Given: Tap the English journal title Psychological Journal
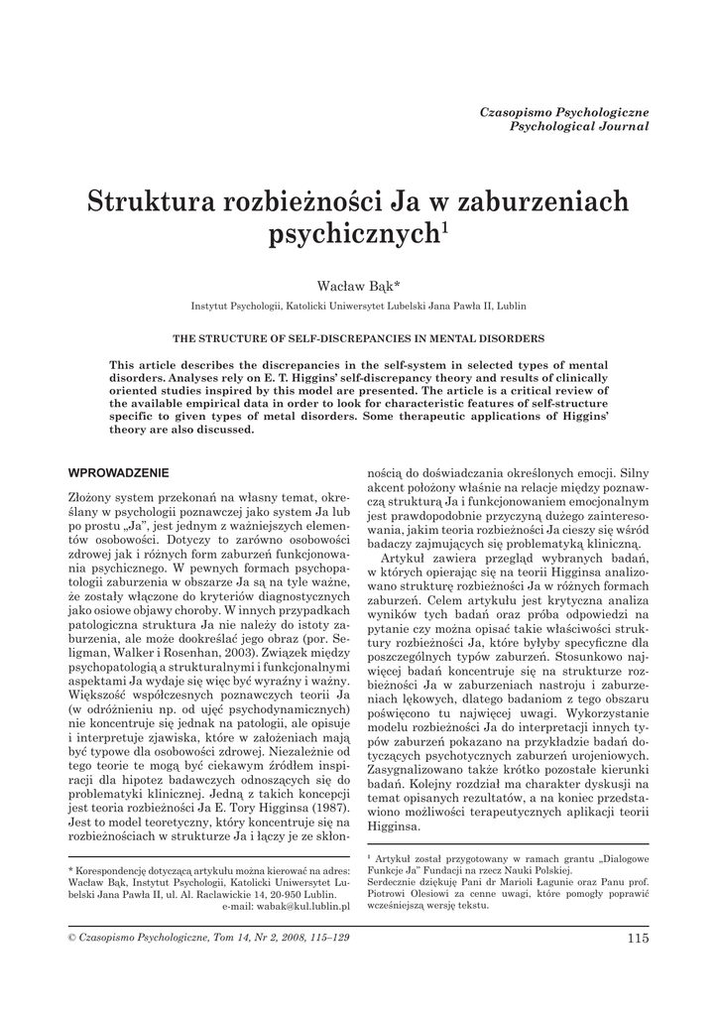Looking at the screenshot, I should pyautogui.click(x=579, y=127).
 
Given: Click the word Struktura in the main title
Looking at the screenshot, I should pyautogui.click(x=145, y=202).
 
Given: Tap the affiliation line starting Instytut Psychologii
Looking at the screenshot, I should pyautogui.click(x=358, y=307).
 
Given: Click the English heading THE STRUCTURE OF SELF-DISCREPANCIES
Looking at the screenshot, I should pyautogui.click(x=358, y=337).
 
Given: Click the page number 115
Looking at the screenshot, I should pyautogui.click(x=638, y=938).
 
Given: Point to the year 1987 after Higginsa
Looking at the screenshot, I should pyautogui.click(x=324, y=808).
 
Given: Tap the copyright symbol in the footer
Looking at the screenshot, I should pyautogui.click(x=70, y=938).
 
